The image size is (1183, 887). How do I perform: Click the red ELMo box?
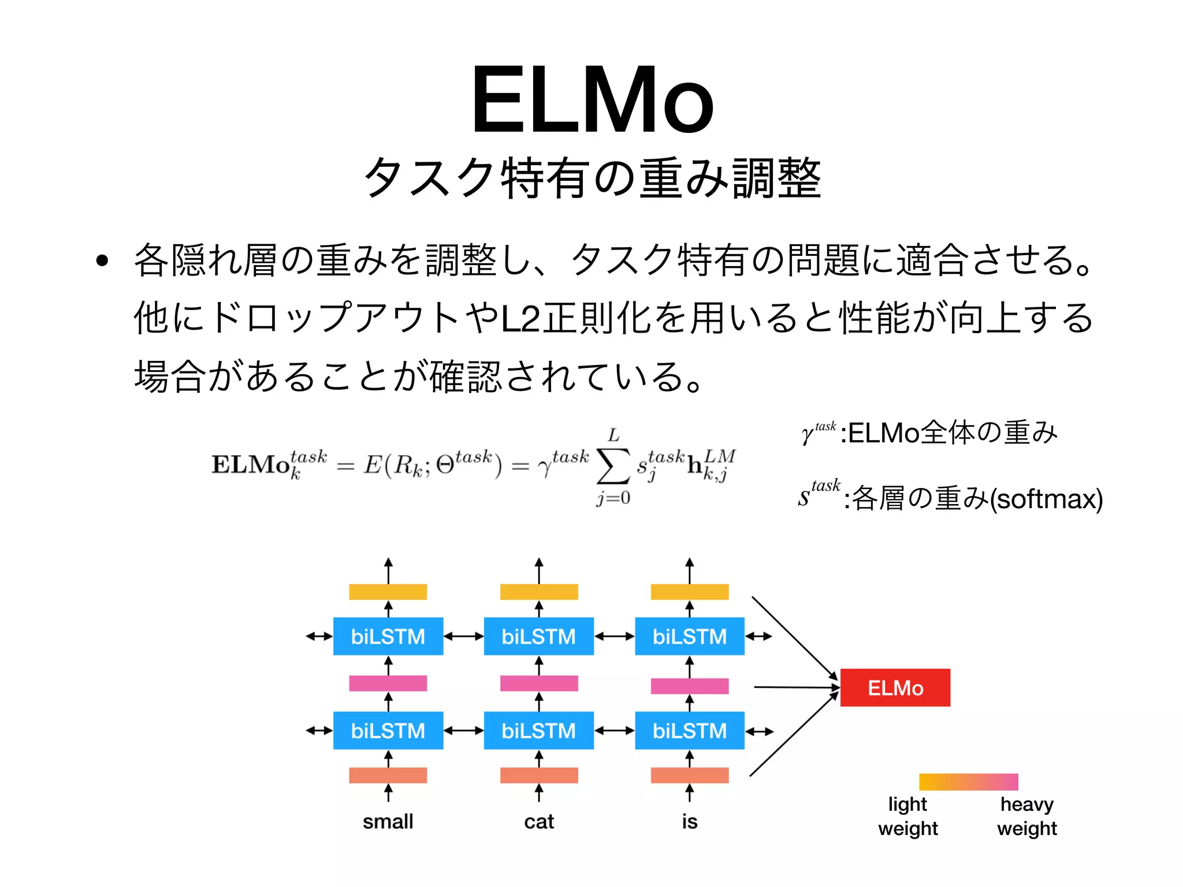click(895, 688)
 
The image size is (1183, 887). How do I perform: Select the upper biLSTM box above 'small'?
click(388, 636)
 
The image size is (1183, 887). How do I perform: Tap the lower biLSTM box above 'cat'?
click(538, 731)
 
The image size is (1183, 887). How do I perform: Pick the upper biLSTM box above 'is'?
click(689, 636)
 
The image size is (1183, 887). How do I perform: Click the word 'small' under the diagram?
click(388, 821)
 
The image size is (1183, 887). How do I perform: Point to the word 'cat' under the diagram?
click(538, 821)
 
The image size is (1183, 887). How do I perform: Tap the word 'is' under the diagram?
click(689, 821)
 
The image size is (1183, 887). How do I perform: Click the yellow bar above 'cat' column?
click(538, 592)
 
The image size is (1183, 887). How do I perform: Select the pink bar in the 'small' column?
click(388, 684)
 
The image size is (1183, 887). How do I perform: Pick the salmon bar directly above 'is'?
click(689, 775)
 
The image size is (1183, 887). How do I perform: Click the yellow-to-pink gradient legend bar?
click(968, 782)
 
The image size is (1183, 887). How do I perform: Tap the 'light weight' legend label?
click(907, 816)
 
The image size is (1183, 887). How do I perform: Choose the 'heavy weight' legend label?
click(1026, 816)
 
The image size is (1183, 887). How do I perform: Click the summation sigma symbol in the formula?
click(613, 466)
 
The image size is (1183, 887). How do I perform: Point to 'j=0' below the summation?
click(613, 498)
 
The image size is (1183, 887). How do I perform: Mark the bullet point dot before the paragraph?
click(102, 260)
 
